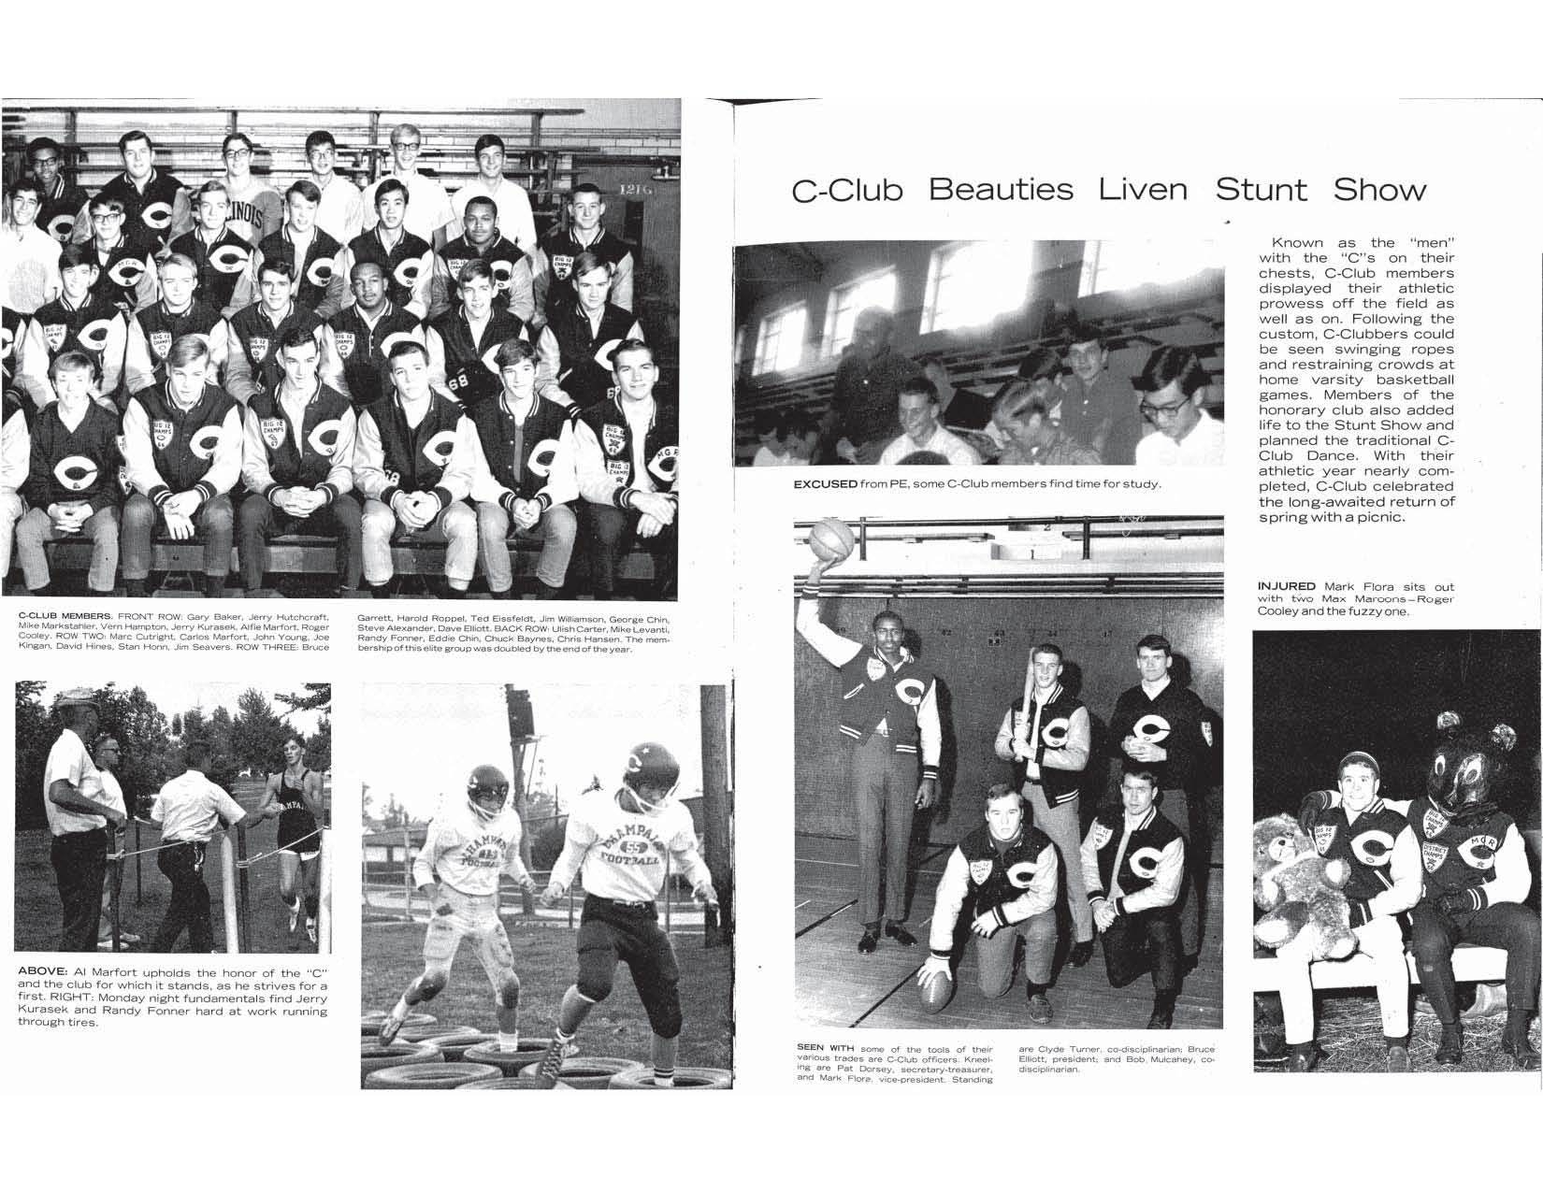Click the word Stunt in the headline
pyautogui.click(x=1261, y=191)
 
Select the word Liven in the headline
pyautogui.click(x=1143, y=191)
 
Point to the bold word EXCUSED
pyautogui.click(x=826, y=484)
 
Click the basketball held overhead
pyautogui.click(x=832, y=542)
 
